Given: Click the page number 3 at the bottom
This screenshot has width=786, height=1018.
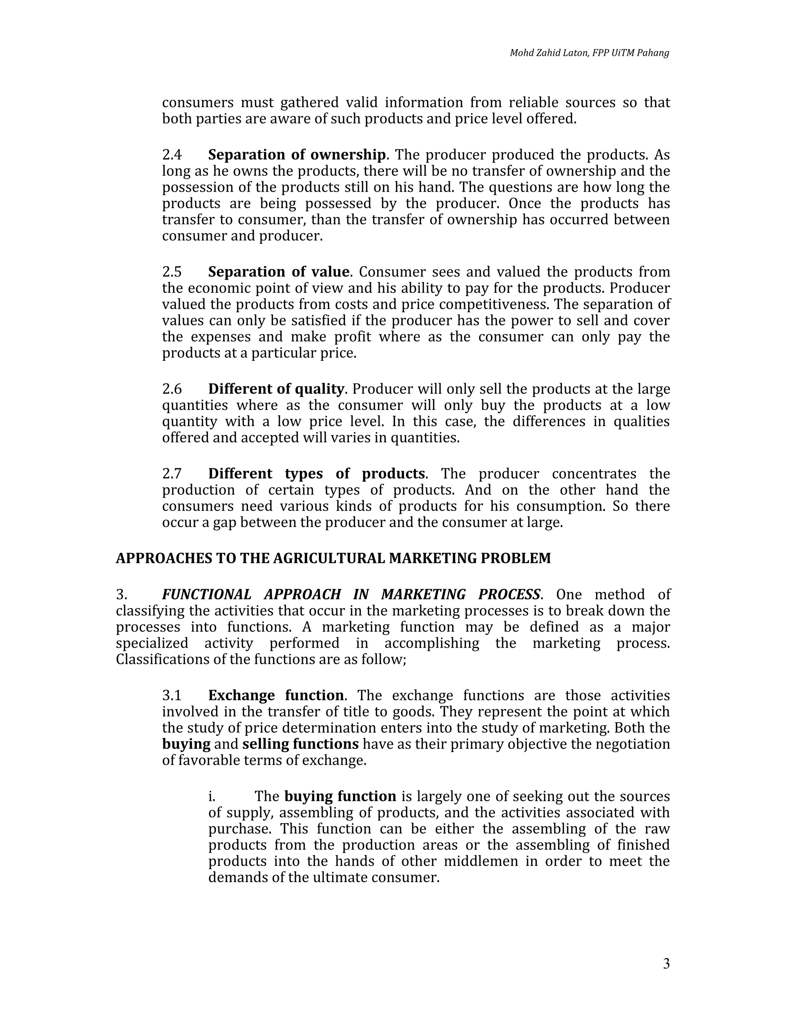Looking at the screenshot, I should click(x=666, y=963).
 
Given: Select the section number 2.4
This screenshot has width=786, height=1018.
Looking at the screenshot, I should click(x=172, y=155).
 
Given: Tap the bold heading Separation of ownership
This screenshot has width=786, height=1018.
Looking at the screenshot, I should click(x=297, y=155).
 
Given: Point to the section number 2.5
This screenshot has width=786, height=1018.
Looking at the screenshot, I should click(x=172, y=272).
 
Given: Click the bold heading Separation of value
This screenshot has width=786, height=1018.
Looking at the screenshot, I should click(x=279, y=272).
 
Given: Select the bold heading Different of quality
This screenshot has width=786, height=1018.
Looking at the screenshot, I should click(x=276, y=389).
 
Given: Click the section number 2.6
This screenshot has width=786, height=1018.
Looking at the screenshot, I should click(x=172, y=389).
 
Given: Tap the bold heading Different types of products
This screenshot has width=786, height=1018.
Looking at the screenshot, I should click(x=316, y=474).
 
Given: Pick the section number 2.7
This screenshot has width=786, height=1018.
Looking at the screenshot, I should click(x=172, y=474).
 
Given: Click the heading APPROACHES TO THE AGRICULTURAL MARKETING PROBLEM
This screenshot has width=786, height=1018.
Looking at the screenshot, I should click(x=333, y=559).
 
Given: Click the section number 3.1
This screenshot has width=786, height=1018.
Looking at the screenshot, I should click(x=172, y=695).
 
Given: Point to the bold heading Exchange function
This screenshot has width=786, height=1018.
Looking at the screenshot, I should click(x=276, y=695).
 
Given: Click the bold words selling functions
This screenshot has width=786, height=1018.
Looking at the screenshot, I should click(x=301, y=744).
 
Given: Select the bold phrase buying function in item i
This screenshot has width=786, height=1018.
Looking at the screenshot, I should click(x=340, y=796).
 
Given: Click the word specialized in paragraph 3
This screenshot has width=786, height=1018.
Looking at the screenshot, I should click(x=152, y=643).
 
